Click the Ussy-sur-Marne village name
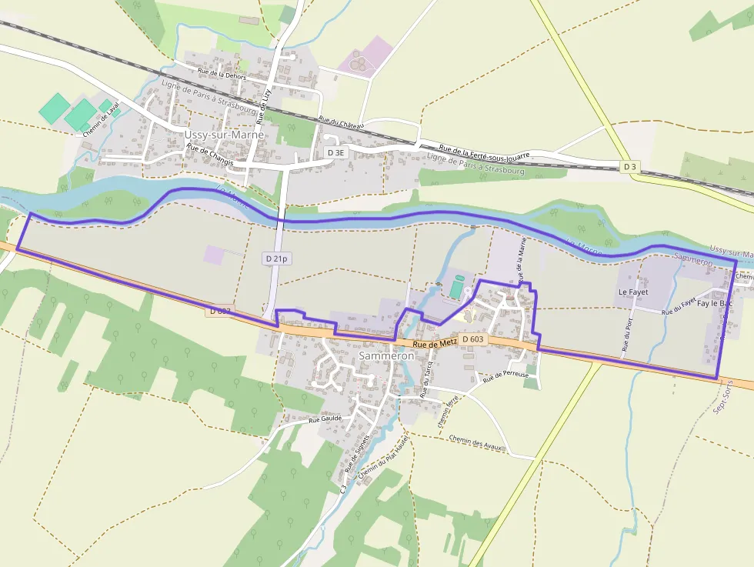(224, 135)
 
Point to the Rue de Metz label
(435, 343)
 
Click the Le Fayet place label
(633, 292)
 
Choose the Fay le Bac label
(715, 304)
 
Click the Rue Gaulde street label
(325, 419)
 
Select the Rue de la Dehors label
(222, 74)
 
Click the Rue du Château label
(341, 123)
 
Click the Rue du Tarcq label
(425, 377)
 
